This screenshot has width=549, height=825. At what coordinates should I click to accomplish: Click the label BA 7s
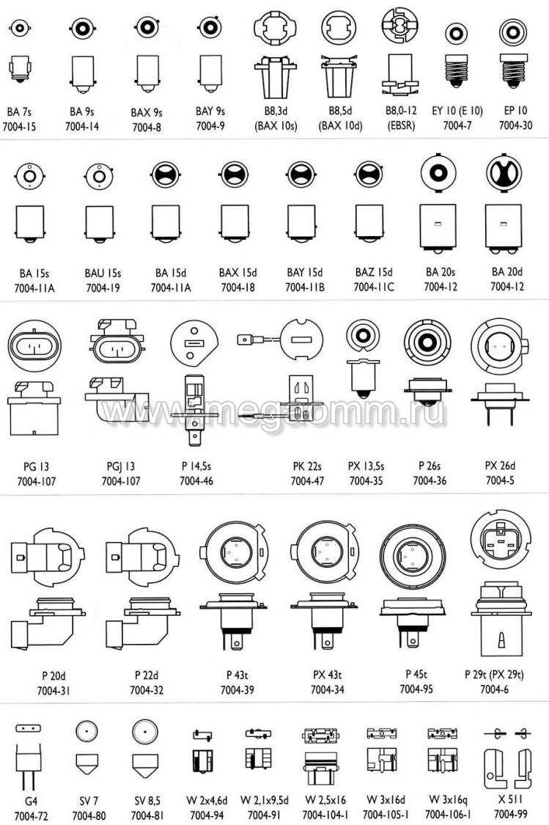click(x=20, y=112)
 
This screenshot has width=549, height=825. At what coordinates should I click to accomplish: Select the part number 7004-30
click(x=515, y=125)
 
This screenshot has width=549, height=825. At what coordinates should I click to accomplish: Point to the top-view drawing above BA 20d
click(x=504, y=173)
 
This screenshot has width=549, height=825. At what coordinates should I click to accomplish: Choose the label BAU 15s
click(x=103, y=274)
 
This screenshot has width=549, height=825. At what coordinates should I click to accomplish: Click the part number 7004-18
click(x=237, y=287)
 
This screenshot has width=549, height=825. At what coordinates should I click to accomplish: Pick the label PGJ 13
click(x=120, y=466)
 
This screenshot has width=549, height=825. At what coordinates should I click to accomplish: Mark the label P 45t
click(x=416, y=674)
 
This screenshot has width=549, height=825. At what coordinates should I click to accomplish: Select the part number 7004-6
click(x=494, y=689)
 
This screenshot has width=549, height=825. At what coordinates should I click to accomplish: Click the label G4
click(x=31, y=802)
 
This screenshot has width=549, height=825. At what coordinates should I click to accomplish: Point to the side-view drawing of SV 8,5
click(x=145, y=766)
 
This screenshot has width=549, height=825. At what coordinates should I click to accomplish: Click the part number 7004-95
click(x=416, y=689)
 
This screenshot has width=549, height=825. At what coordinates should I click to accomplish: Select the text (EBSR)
click(x=401, y=125)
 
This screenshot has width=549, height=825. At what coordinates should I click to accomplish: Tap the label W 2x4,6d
click(x=207, y=801)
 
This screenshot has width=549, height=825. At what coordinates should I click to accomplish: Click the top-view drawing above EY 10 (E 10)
click(x=456, y=34)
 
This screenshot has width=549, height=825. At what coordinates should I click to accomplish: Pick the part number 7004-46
click(x=196, y=481)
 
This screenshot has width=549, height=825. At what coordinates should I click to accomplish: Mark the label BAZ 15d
click(x=374, y=273)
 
